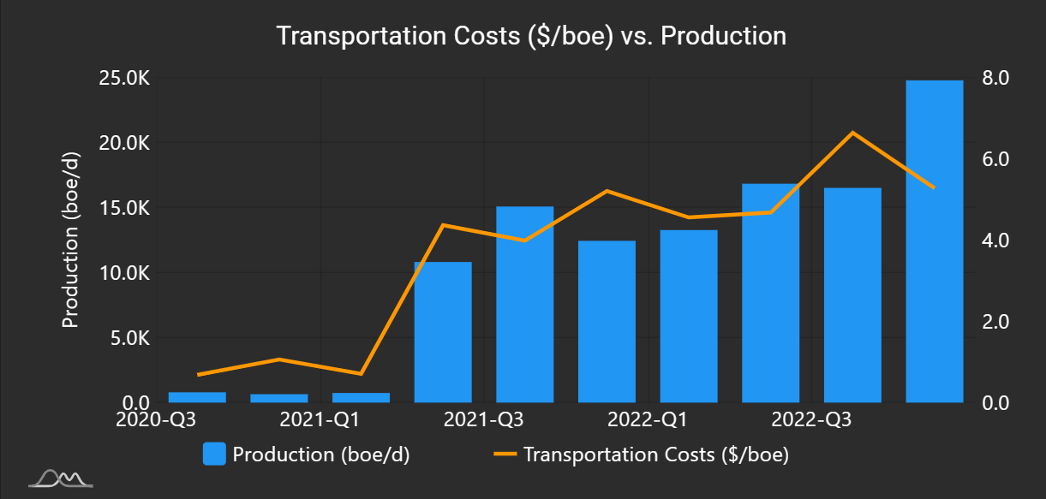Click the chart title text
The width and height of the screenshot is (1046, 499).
530,36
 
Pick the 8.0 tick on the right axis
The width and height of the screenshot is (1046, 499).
995,78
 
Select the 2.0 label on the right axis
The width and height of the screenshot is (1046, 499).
995,322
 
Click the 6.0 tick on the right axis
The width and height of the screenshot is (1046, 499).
995,159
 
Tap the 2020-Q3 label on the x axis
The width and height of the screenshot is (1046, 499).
157,420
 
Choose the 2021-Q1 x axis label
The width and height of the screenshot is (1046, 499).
320,420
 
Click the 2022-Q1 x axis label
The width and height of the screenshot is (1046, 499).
649,420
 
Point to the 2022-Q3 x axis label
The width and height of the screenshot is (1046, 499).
812,420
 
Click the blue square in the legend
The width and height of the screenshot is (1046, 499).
214,454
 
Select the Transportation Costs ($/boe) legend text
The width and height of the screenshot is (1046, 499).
655,454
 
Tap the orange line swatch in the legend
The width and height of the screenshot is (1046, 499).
505,454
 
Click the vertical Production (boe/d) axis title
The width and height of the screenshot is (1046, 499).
71,241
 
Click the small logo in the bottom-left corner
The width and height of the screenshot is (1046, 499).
61,478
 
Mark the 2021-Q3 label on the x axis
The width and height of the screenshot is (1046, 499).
484,420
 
